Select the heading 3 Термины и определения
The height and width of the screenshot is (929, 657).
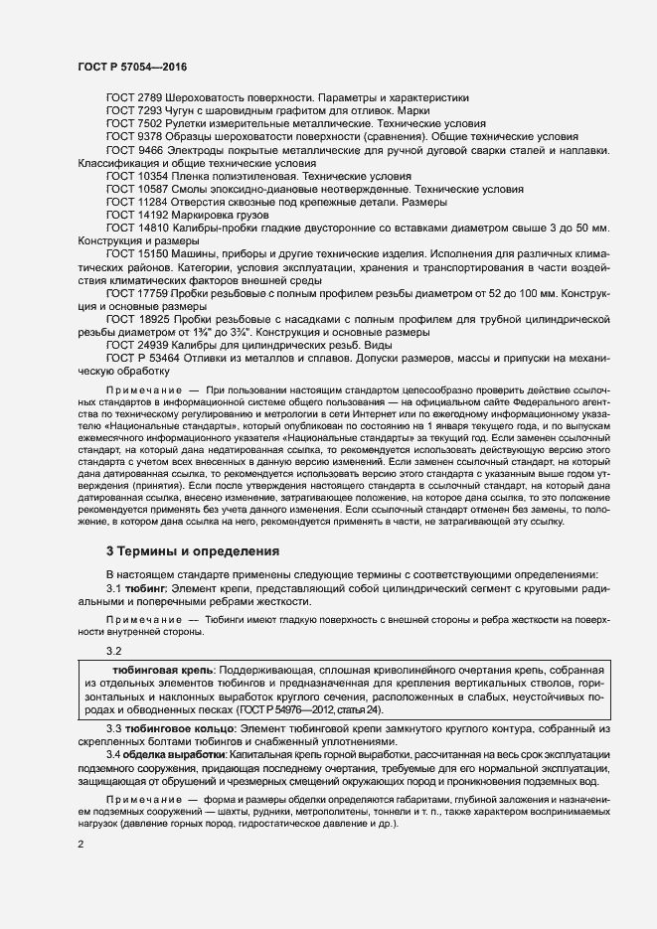click(193, 550)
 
